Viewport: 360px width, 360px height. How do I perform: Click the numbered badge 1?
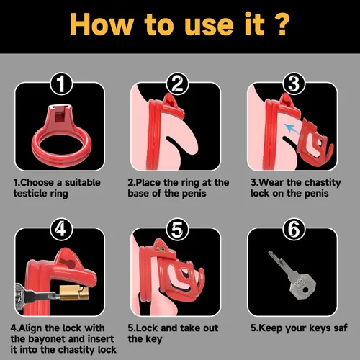click(61, 84)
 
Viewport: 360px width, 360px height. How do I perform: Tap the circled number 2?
click(177, 84)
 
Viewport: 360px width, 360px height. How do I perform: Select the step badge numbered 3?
click(294, 84)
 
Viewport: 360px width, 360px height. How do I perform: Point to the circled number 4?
click(61, 229)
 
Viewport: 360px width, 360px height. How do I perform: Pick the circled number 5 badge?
click(177, 229)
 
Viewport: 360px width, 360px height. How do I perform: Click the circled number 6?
click(294, 229)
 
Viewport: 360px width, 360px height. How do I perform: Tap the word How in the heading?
click(102, 24)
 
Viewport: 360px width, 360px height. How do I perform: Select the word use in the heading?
click(209, 27)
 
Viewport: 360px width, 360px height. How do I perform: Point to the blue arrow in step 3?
click(292, 129)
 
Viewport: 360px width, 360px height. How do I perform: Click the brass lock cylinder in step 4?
click(74, 293)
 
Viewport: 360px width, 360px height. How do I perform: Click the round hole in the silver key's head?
click(305, 290)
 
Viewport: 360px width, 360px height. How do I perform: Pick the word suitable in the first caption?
click(83, 182)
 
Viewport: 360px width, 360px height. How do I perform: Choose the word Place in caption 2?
click(148, 182)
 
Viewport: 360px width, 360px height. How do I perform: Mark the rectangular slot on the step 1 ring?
click(58, 117)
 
